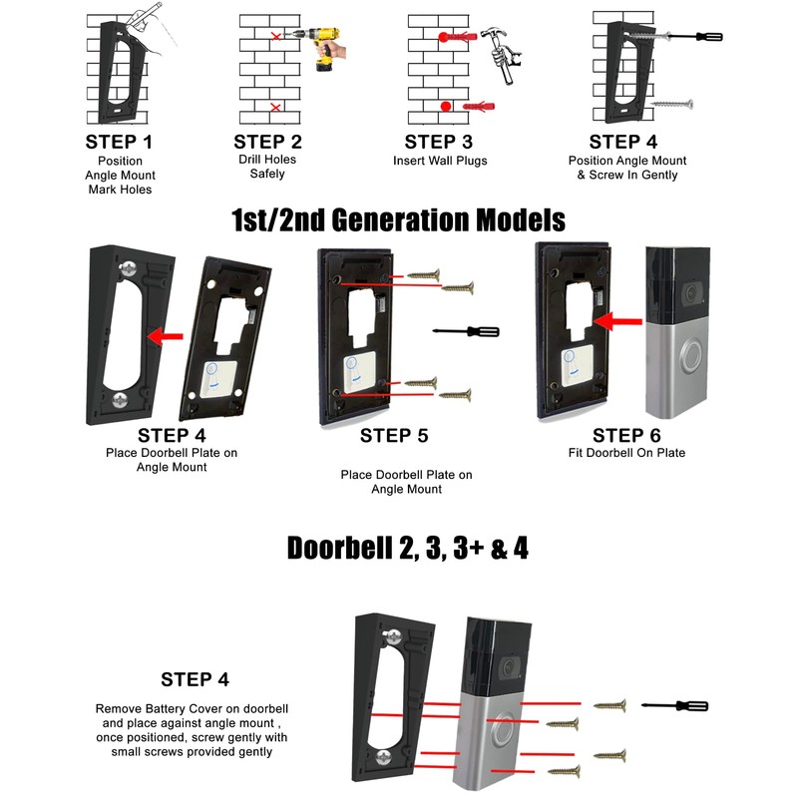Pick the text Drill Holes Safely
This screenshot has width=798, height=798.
tap(267, 167)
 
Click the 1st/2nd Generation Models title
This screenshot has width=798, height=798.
tap(398, 218)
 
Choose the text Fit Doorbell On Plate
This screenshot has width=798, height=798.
tap(625, 454)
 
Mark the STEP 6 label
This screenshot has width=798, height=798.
tap(625, 435)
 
